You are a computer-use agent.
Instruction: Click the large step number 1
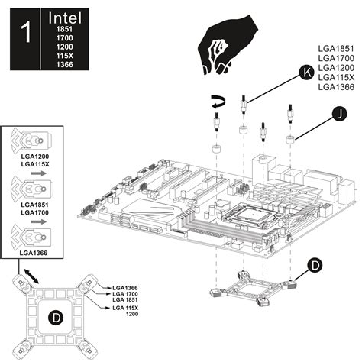pyautogui.click(x=25, y=32)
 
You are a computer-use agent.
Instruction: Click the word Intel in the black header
pyautogui.click(x=65, y=18)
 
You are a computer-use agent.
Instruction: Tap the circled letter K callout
pyautogui.click(x=306, y=73)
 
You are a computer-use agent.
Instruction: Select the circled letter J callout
pyautogui.click(x=340, y=115)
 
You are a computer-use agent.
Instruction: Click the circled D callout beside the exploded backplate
pyautogui.click(x=315, y=266)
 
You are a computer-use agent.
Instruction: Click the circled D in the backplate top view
pyautogui.click(x=56, y=318)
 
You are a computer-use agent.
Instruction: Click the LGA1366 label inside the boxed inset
pyautogui.click(x=34, y=253)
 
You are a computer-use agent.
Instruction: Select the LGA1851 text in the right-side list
pyautogui.click(x=336, y=48)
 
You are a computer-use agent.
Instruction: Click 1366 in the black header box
pyautogui.click(x=65, y=64)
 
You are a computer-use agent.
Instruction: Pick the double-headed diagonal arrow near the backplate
pyautogui.click(x=31, y=276)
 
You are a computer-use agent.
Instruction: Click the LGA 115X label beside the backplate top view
pyautogui.click(x=125, y=308)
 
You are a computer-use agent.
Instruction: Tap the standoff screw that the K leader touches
pyautogui.click(x=244, y=105)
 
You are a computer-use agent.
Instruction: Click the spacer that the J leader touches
pyautogui.click(x=290, y=140)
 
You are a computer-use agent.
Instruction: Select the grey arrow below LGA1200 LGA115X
pyautogui.click(x=38, y=173)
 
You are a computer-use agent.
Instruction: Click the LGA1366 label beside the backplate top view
pyautogui.click(x=125, y=288)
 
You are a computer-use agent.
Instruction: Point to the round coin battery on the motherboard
pyautogui.click(x=221, y=204)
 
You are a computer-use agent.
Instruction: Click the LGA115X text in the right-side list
pyautogui.click(x=336, y=77)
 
